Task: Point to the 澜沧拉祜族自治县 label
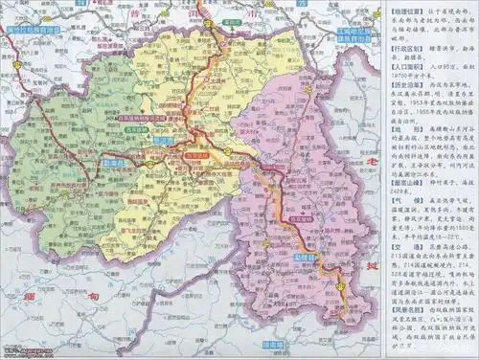tap(36, 30)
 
